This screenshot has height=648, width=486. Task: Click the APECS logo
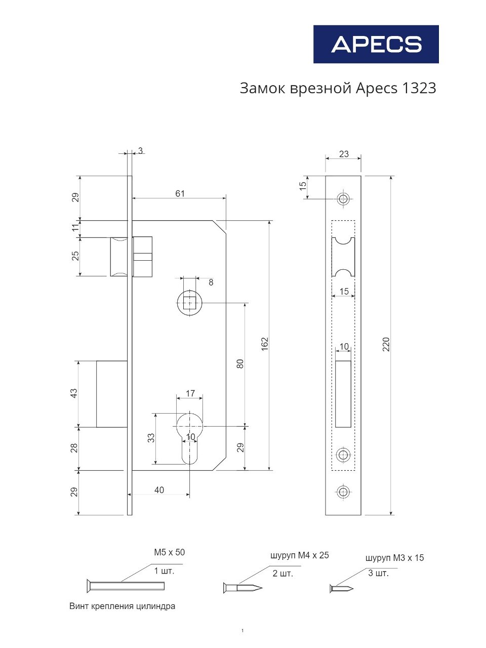[x=376, y=44]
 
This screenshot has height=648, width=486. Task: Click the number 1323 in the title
[x=419, y=88]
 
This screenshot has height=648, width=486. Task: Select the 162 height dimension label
[x=265, y=344]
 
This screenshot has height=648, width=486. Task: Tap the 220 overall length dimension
[x=386, y=344]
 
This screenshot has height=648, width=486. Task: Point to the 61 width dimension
[x=180, y=193]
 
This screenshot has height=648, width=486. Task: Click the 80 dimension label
[x=240, y=363]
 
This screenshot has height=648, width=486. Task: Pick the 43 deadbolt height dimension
[x=73, y=393]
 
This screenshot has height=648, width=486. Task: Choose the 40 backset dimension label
[x=159, y=490]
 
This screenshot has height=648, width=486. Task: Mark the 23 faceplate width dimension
[x=344, y=154]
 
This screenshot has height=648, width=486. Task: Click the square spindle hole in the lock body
[x=189, y=303]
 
